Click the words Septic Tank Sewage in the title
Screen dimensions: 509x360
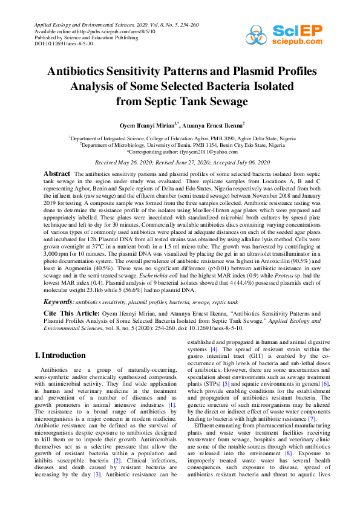[182, 100]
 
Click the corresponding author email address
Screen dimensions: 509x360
[204, 151]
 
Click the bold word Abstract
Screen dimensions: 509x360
[57, 173]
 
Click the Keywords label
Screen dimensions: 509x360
[59, 300]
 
